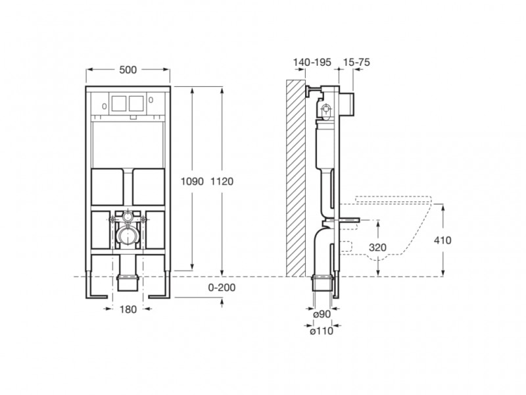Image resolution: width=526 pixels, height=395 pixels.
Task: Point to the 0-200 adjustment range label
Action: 222,288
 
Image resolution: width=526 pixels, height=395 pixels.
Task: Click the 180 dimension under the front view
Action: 128,310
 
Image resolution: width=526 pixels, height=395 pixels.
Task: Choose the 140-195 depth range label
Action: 312,61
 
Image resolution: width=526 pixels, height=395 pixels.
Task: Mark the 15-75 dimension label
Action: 356,61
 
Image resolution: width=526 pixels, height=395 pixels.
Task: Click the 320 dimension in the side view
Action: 377,248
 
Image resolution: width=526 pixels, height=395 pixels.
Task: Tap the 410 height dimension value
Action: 442,240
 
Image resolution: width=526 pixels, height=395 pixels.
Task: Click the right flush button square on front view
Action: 136,103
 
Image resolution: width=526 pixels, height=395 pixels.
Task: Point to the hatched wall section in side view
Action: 297,178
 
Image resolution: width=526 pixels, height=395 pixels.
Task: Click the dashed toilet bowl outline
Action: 394,224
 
